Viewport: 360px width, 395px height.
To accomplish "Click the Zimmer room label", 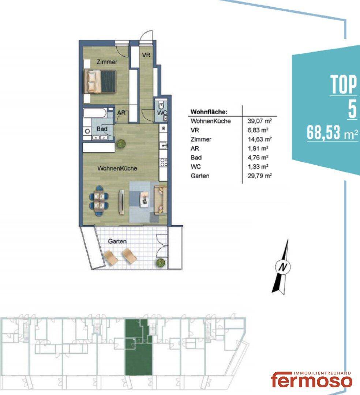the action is (107, 62).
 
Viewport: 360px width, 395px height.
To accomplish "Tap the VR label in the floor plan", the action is (146, 54).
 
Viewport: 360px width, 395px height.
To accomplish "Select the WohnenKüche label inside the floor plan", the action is (117, 168).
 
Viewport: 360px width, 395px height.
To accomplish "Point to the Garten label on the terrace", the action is (117, 241).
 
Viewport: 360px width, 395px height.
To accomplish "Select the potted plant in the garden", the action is (161, 263).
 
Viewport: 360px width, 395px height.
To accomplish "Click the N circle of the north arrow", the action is (283, 267).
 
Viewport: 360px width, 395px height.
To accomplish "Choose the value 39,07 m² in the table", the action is (259, 121).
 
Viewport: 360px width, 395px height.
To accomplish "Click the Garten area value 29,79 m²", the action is (259, 176).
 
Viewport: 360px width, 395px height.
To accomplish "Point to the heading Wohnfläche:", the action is (209, 112).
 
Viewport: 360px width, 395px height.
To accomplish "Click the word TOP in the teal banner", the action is (344, 84).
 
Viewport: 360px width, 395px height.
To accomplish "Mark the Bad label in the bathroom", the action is (102, 129).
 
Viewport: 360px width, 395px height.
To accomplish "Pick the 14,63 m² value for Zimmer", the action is (259, 139).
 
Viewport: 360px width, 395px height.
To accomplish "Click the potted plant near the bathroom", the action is (121, 144).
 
